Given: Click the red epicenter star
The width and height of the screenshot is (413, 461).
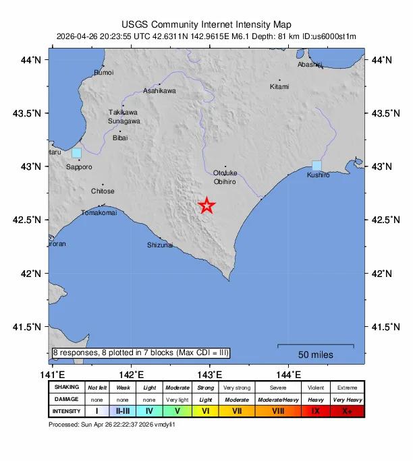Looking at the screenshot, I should coord(207,206).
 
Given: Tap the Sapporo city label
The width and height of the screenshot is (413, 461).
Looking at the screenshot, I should coord(80,166).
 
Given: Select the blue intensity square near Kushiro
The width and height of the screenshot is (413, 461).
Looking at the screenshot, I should coord(316,165).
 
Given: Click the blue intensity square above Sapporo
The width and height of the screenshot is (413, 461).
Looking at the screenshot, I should coord(76,153).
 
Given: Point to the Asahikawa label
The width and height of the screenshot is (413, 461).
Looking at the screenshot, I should coord(159,91).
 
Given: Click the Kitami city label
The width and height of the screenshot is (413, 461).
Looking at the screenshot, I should coord(279,86).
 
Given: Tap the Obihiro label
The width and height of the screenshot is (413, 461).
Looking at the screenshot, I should coord(224,182).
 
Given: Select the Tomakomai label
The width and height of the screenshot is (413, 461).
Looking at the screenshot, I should coord(99,213).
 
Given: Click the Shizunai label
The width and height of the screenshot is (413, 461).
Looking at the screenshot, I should coord(160,245).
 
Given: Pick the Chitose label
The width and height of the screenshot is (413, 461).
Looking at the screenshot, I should coord(103,191).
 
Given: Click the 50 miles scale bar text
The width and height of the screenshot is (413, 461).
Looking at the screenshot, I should coord(315,355).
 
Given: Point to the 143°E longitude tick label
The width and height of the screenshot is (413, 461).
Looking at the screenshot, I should coord(209,375).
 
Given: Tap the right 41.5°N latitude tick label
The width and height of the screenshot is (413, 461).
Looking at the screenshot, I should coord(382,327).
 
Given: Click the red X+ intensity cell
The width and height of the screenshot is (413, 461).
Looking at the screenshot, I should coord(347,410).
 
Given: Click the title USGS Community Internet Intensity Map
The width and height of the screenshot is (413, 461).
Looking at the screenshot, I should coord(206,24).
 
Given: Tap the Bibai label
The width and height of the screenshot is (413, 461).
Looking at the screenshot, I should coord(119,137).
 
